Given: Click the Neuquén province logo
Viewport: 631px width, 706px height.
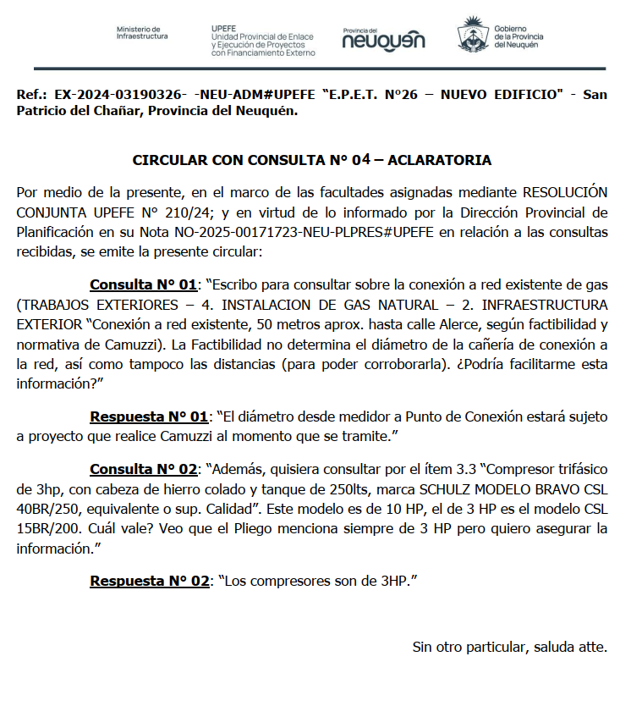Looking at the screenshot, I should [384, 38].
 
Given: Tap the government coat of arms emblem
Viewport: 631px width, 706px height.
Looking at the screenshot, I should [471, 36].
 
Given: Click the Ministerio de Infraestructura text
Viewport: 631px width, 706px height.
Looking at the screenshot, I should [142, 33].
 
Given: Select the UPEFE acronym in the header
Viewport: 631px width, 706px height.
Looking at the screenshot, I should [224, 27].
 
